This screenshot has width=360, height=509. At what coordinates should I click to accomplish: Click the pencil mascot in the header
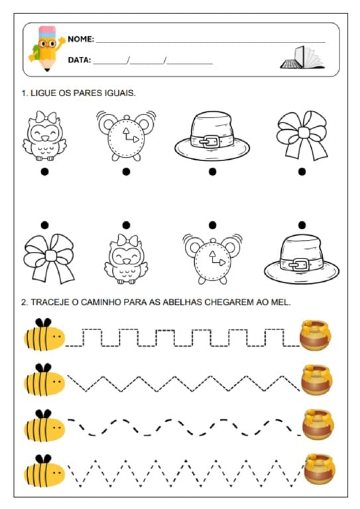[x=46, y=48]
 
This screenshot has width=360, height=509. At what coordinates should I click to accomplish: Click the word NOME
[x=80, y=39]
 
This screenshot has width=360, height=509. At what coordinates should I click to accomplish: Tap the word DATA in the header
[x=79, y=60]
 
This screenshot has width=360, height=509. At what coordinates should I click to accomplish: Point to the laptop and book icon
[x=302, y=58]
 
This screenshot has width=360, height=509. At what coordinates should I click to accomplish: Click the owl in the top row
[x=45, y=136]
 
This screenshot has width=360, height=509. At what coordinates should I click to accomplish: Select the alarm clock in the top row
[x=126, y=136]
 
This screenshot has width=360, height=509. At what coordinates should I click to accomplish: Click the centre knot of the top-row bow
[x=303, y=133]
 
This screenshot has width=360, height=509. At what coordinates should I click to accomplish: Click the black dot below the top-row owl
[x=45, y=172]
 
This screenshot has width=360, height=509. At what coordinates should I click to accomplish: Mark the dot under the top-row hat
[x=213, y=172]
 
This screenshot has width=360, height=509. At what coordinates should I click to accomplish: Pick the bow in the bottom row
[x=49, y=258]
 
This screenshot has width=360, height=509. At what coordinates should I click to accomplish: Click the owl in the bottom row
[x=126, y=258]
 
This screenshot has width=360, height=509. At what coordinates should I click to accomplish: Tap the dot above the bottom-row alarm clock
[x=213, y=225]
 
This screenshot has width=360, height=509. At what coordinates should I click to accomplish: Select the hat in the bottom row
[x=302, y=258]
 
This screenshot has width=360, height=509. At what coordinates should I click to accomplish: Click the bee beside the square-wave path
[x=44, y=335]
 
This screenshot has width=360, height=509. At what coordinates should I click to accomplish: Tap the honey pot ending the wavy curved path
[x=318, y=424]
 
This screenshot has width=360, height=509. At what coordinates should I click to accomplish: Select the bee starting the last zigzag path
[x=44, y=471]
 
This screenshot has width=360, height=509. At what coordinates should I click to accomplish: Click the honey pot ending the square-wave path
[x=315, y=335]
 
